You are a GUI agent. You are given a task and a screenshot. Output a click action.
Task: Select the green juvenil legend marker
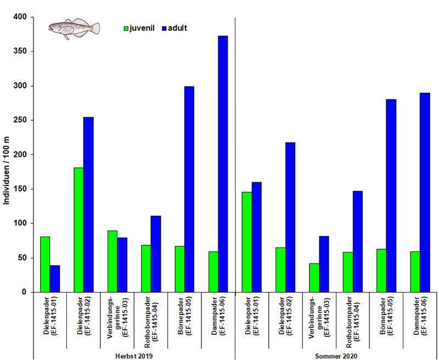(x=126, y=27)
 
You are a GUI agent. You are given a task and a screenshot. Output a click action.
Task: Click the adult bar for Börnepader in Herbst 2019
(x=189, y=189)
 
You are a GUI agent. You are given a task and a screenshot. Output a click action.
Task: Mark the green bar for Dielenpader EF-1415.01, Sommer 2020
(x=246, y=241)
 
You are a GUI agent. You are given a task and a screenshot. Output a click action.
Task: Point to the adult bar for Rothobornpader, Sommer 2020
(x=357, y=241)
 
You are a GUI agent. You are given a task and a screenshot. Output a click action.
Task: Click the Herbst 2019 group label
(x=133, y=356)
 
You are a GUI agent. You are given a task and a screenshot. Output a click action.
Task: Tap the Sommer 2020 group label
(x=335, y=356)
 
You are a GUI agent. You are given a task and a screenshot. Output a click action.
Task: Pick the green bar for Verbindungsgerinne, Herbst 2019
(x=112, y=261)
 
